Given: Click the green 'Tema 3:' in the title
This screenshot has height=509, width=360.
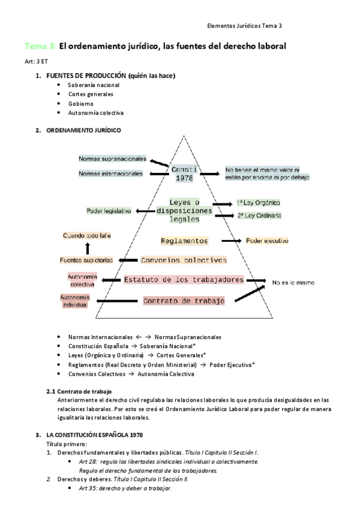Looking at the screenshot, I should coord(40,46).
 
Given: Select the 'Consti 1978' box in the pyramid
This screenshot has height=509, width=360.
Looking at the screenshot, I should coord(184,174).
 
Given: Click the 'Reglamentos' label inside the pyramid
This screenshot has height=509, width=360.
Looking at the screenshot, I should coord(185,241).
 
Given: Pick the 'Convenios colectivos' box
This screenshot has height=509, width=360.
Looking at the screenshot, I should coord(184,260).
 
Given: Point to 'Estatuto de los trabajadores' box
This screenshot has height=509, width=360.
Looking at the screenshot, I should coord(183,280).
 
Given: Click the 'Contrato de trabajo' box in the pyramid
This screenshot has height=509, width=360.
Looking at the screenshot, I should coord(184,301).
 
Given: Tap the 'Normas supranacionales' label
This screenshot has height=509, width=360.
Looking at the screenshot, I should coord(112,159).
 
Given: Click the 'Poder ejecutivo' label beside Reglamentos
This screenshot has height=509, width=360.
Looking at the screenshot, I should coord(267,241).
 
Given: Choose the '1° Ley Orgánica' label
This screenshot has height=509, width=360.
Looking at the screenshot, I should coord(259,203).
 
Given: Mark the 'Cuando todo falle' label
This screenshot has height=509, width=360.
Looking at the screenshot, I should coord(87,236).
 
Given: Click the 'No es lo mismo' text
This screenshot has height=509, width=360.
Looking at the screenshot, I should coord(293,282).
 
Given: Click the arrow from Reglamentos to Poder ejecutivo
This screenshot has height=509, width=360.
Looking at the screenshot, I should coord(232,241).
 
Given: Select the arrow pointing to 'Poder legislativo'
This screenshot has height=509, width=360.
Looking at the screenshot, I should coord(145,211).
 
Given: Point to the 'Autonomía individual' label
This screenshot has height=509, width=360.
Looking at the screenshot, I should coord(75,301).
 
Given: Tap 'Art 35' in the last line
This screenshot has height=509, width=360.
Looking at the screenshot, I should coord(88,489).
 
